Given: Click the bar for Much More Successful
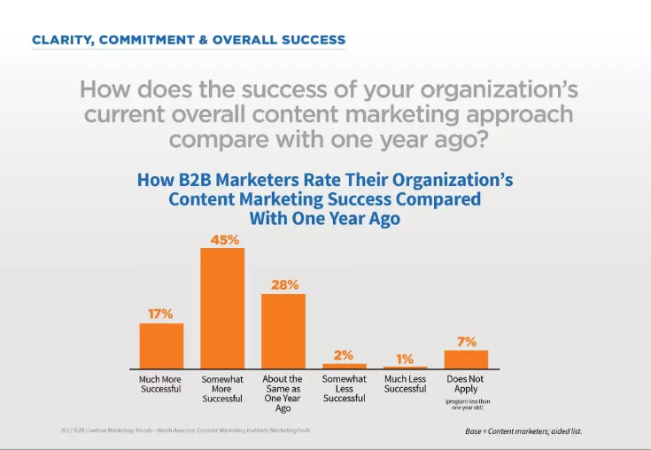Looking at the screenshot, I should (161, 345).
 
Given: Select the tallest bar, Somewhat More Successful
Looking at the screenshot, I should (222, 308).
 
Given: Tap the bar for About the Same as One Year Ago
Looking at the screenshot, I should (283, 330).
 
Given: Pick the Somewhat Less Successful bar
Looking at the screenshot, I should (344, 366).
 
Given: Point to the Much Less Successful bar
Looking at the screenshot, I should (405, 368).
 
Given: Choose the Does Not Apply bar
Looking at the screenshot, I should (466, 359).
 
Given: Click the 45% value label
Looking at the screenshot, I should (222, 240).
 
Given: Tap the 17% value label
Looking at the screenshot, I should (161, 314).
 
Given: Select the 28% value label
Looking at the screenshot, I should (283, 285).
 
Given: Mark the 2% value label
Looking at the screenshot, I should (344, 354).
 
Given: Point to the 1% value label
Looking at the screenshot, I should (405, 359).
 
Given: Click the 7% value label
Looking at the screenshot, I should (466, 341).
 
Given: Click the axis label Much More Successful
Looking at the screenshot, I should (160, 384).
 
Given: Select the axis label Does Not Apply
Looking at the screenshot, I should (466, 384).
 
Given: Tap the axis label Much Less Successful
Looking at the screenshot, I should (405, 384).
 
